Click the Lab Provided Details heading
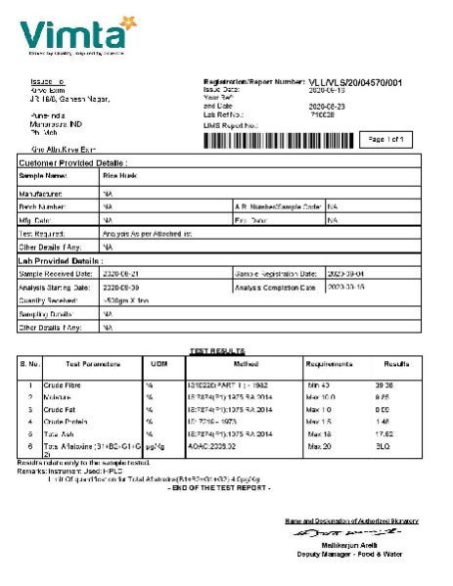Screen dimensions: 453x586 60,261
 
